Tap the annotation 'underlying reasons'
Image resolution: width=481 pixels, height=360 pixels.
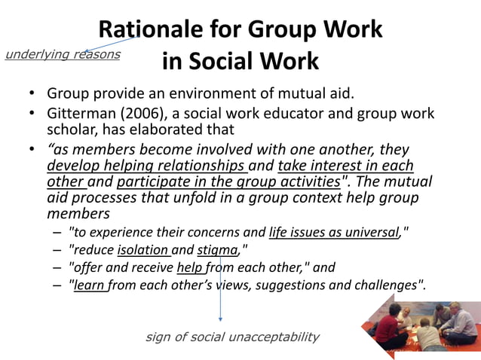pyautogui.click(x=62, y=54)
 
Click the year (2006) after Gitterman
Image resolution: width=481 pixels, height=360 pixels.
pyautogui.click(x=140, y=114)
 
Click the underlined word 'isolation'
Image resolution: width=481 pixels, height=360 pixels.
pyautogui.click(x=143, y=250)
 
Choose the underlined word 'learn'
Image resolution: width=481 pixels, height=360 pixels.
pyautogui.click(x=89, y=285)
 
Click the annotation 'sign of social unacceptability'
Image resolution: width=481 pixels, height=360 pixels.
pyautogui.click(x=231, y=337)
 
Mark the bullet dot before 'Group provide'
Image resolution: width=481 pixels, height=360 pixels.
pyautogui.click(x=32, y=95)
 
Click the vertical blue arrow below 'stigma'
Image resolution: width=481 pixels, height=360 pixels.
pyautogui.click(x=220, y=290)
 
